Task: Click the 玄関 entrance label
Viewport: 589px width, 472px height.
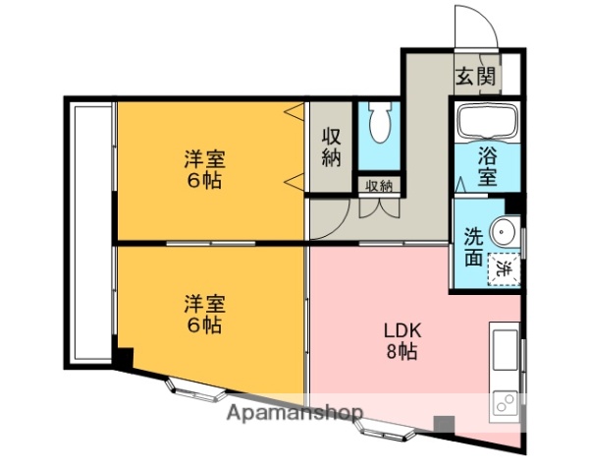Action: [x=474, y=75]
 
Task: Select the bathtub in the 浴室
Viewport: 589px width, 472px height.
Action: [x=487, y=123]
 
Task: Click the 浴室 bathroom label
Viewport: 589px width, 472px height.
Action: [x=488, y=166]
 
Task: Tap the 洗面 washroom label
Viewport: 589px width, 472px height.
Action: [x=473, y=247]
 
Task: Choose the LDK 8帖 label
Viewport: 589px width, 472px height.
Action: [x=401, y=340]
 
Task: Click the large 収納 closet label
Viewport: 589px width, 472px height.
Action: [x=332, y=148]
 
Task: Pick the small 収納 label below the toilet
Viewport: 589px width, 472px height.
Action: [x=379, y=185]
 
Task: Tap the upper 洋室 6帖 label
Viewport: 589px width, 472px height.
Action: [x=204, y=168]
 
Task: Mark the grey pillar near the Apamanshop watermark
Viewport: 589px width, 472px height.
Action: [x=445, y=425]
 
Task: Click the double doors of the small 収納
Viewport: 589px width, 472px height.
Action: [x=379, y=207]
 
